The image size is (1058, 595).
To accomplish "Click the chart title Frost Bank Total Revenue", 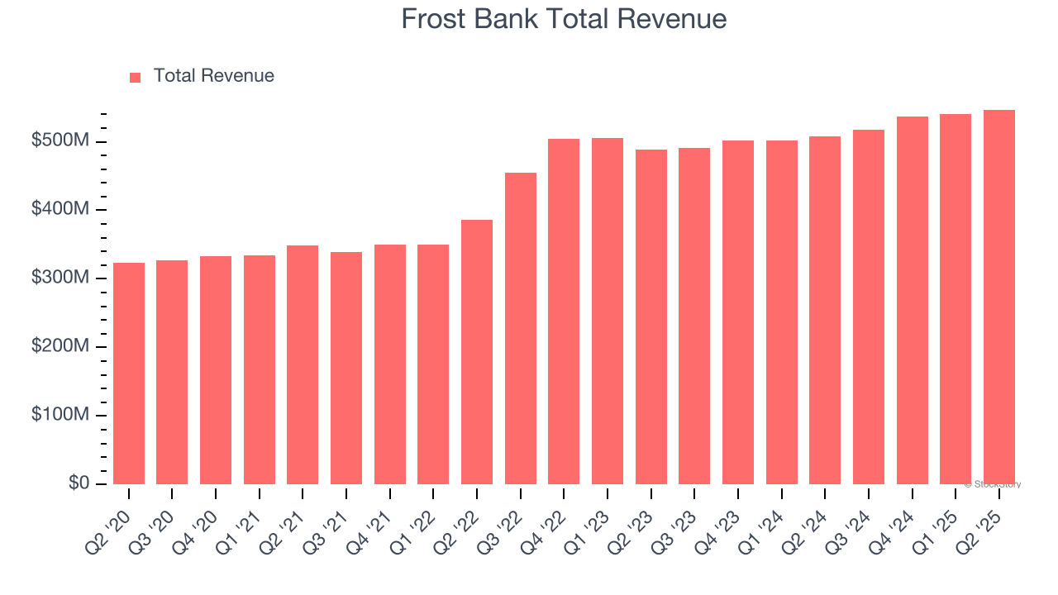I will click(564, 19).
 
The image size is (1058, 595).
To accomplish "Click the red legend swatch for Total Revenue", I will click(136, 77).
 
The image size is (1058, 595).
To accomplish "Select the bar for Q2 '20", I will click(129, 374).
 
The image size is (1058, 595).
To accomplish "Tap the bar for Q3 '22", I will click(521, 328).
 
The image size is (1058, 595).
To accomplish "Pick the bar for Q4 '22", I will click(564, 312).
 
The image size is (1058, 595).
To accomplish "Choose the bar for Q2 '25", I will click(998, 297).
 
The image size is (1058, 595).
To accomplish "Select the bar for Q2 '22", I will click(477, 352).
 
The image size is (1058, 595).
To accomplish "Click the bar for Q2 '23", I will click(651, 317).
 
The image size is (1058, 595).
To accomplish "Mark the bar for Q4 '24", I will click(912, 300).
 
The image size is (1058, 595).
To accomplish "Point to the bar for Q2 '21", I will click(303, 364).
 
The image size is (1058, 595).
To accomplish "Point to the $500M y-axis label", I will click(60, 141).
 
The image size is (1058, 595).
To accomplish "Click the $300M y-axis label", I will click(60, 278).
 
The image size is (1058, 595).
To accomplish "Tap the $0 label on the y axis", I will click(79, 483).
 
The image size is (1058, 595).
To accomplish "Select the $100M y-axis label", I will click(60, 415).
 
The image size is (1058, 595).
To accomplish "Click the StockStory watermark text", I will click(992, 484).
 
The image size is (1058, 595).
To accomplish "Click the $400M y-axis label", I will click(60, 210).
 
